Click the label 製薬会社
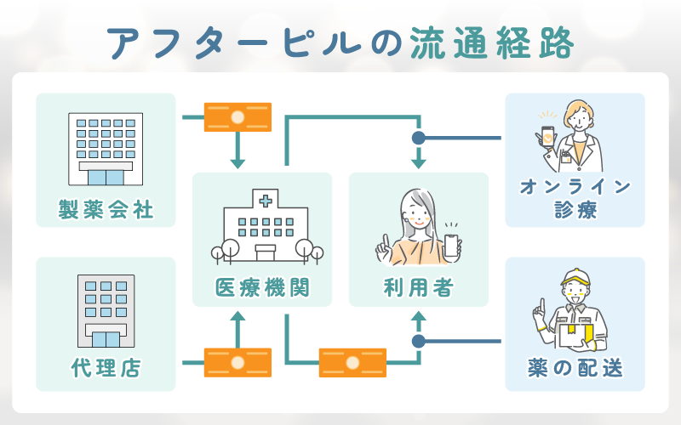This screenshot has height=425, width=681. pos(106,209)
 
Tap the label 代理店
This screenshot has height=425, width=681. pos(106,369)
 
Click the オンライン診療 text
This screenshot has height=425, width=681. pos(575,198)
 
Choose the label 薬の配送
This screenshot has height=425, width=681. pos(575,369)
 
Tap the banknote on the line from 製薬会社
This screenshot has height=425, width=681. pos(237,116)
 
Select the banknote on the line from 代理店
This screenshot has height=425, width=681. pos(237,362)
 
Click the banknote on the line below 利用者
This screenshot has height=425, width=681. pos(352,362)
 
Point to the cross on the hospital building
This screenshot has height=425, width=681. pos(266,201)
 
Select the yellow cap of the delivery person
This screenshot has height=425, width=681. pos(576,277)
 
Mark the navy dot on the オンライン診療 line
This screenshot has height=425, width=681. pos(418,138)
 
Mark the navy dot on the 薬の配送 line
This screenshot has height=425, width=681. pos(418,341)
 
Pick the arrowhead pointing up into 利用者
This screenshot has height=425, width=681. pos(418,319)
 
